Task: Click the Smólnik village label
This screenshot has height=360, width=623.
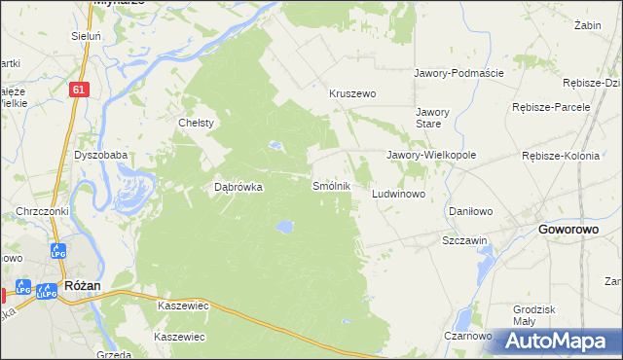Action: [x=331, y=185]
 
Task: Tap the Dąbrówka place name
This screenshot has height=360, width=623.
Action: [x=238, y=188]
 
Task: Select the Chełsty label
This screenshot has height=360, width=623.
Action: [x=196, y=123]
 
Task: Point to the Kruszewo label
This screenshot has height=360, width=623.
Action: [x=352, y=93]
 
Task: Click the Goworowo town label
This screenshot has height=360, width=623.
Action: [x=568, y=230]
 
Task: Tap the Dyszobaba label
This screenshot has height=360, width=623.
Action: [x=100, y=155]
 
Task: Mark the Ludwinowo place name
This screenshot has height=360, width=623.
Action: [x=399, y=195]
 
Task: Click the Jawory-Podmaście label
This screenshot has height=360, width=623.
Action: [x=458, y=73]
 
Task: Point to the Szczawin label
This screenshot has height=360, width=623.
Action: [x=464, y=240]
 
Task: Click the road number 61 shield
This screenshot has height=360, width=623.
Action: [x=80, y=89]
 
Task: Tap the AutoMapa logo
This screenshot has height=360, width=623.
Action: [x=558, y=341]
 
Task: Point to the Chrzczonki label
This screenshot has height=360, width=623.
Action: [x=41, y=211]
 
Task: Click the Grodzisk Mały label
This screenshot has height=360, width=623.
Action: [x=533, y=315]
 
